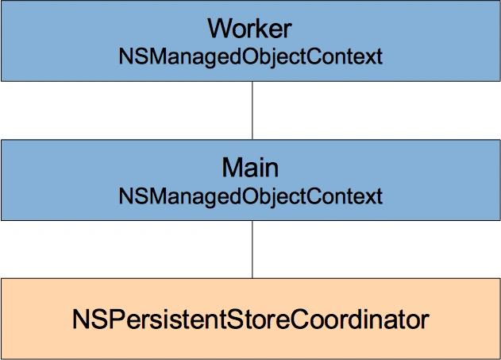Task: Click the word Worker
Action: [x=249, y=29]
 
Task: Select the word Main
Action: [x=250, y=167]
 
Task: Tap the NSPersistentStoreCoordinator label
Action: [x=251, y=319]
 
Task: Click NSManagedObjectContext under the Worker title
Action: [x=251, y=57]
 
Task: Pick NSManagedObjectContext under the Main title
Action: [x=251, y=196]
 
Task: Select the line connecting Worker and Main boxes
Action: [x=252, y=110]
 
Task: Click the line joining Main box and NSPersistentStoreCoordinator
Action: [x=252, y=249]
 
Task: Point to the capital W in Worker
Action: [x=221, y=29]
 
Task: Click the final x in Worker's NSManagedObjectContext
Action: [x=370, y=59]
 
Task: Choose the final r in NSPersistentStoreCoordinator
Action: [x=426, y=322]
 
